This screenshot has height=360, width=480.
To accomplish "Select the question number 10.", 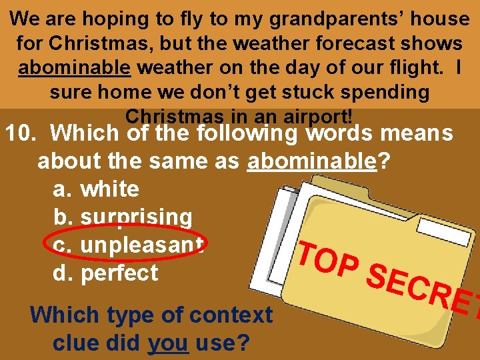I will (x=23, y=133).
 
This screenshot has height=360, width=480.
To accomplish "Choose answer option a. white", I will (x=96, y=189).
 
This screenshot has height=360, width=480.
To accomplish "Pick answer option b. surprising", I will (x=123, y=217).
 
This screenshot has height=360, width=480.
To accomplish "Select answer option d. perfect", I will (x=105, y=273).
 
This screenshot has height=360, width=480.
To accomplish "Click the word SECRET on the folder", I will (x=420, y=293).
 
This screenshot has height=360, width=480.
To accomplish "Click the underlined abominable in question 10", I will (x=312, y=161).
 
